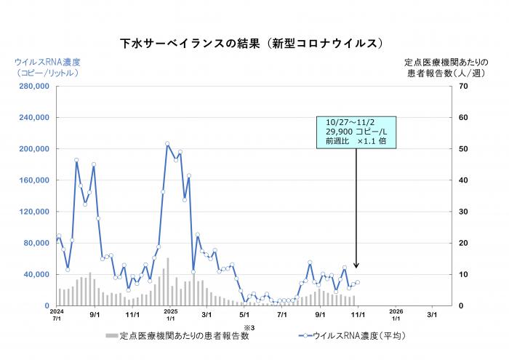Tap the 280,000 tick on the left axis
[x=31, y=87]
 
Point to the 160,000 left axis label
[x=31, y=180]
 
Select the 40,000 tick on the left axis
[x=34, y=274]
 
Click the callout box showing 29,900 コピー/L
[x=356, y=132]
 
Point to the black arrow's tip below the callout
[x=356, y=268]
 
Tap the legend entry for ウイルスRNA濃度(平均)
[x=349, y=336]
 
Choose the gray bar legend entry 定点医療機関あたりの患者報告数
[x=178, y=336]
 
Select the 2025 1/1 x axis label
[x=170, y=315]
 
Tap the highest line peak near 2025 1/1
[x=167, y=143]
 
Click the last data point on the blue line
[x=357, y=282]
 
